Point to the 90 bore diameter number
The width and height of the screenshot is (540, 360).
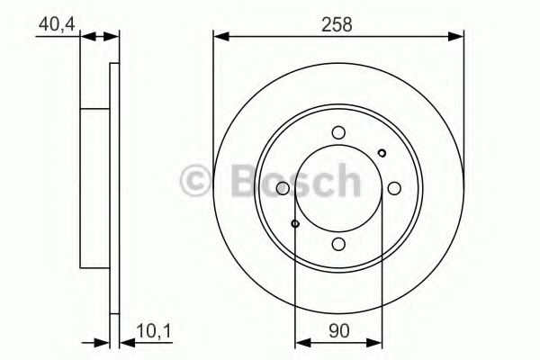point(338,331)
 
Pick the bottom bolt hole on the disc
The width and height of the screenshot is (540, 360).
point(338,243)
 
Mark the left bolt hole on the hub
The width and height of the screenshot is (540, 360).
point(283,187)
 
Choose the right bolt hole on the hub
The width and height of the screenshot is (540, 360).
point(394,187)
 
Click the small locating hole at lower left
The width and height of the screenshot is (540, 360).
point(295,222)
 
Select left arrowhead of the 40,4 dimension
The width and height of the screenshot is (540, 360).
point(86,37)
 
